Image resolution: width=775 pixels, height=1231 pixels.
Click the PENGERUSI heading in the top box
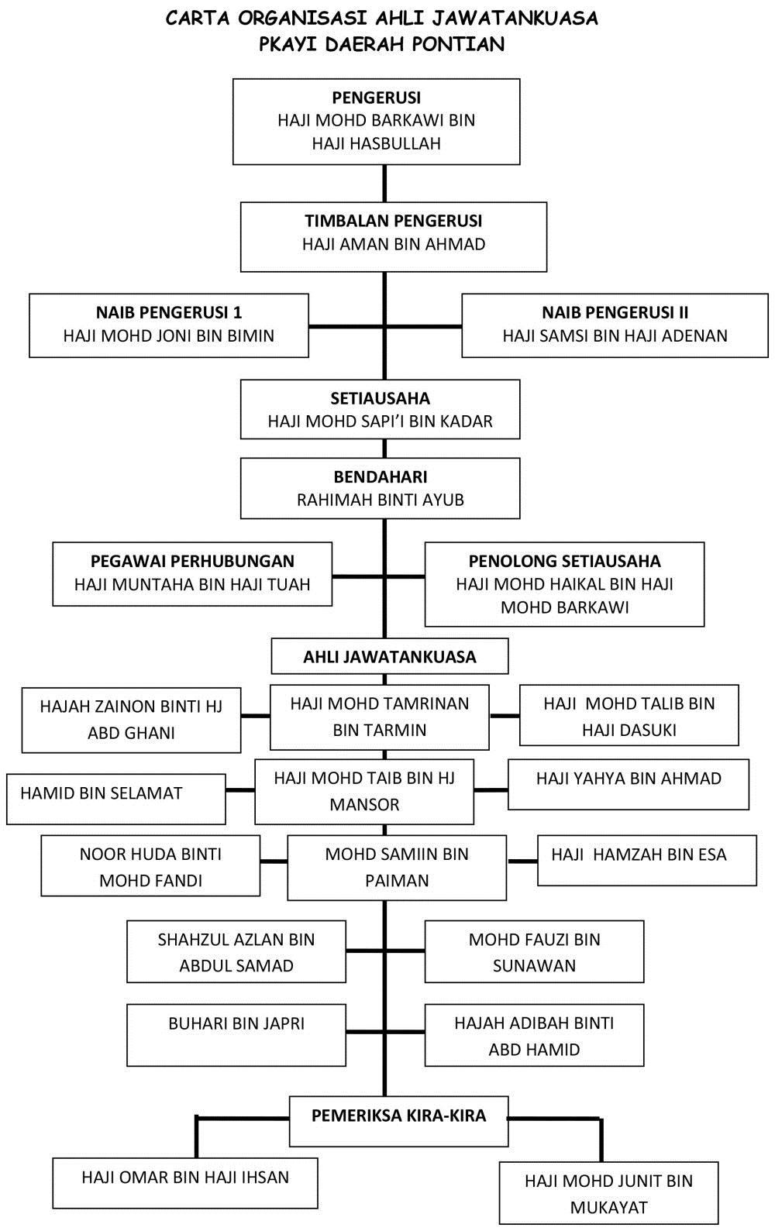[377, 98]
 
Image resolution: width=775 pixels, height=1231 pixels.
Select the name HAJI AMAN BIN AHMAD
[394, 244]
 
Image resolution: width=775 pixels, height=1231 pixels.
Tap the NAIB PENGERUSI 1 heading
[169, 313]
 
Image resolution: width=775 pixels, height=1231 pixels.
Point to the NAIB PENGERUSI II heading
[615, 313]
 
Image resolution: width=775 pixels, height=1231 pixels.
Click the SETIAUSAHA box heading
[381, 398]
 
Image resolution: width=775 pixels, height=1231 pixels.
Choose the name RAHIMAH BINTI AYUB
[381, 500]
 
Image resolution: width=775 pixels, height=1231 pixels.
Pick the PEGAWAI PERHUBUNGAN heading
[192, 561]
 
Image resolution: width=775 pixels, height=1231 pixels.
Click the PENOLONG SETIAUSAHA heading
[564, 561]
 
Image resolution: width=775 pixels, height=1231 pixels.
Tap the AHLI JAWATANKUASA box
[390, 656]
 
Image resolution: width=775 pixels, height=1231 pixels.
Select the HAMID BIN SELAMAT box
[116, 799]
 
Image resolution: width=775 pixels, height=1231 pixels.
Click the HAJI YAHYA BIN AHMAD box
[629, 784]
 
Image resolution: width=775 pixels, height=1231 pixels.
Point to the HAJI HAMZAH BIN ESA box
[647, 860]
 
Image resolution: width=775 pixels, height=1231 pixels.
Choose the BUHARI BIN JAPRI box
[236, 1035]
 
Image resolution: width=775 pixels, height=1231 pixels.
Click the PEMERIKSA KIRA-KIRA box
[399, 1121]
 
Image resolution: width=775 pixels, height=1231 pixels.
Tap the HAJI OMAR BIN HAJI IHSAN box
[185, 1183]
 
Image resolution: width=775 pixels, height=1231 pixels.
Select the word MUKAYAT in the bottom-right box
[608, 1207]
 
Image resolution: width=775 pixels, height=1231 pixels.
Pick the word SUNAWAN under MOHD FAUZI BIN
[534, 965]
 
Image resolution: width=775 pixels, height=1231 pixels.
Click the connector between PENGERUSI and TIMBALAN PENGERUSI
[384, 184]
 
